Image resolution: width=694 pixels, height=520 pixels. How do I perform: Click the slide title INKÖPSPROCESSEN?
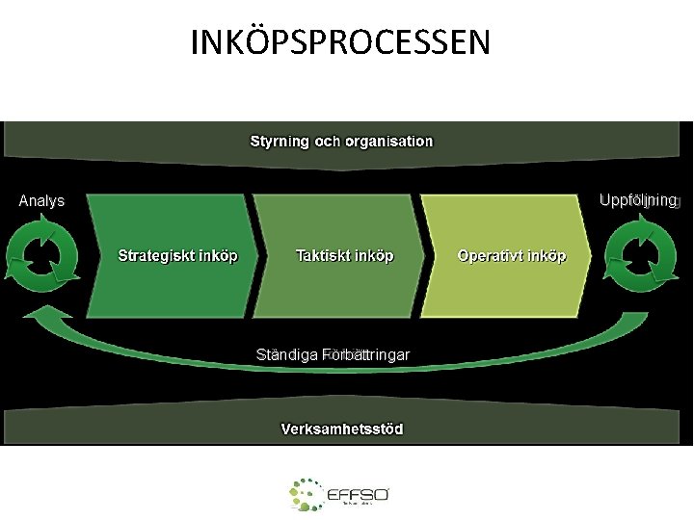340,43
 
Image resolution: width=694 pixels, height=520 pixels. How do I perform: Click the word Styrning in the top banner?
280,141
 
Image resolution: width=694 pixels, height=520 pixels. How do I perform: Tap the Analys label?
41,201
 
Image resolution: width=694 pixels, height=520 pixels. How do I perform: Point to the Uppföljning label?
638,200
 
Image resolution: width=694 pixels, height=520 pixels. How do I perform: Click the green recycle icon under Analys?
42,253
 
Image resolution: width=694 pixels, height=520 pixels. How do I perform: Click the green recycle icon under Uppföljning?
641,253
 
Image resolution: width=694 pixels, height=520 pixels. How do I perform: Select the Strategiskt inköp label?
178,256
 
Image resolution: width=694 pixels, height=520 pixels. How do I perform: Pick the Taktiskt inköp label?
344,256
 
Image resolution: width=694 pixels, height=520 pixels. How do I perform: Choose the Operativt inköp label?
512,256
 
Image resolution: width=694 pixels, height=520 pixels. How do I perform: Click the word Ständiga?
287,354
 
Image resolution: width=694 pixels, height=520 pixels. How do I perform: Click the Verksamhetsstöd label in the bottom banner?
341,428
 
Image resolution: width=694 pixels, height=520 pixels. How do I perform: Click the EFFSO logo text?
358,494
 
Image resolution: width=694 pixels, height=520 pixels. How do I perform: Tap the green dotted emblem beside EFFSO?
307,494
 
